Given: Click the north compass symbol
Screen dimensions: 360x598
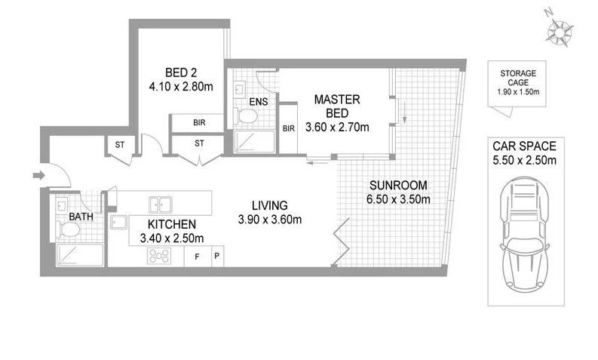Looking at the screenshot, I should click(x=559, y=31).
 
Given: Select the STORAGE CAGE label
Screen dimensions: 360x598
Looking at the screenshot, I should click(x=518, y=78).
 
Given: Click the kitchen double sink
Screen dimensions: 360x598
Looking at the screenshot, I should click(x=159, y=204).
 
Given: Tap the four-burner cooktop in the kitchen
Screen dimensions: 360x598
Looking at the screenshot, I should click(x=158, y=256).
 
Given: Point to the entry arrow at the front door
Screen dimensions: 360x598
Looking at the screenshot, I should click(x=38, y=177).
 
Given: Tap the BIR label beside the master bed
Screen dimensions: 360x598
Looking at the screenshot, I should click(x=288, y=128).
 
